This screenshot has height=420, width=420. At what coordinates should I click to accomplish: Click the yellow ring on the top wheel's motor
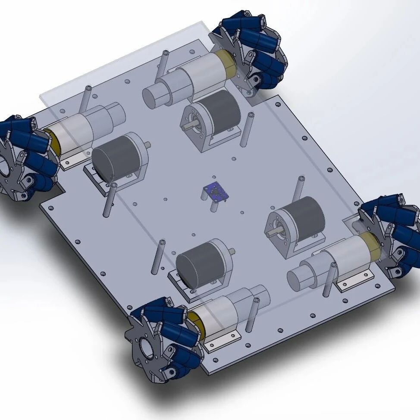click(x=226, y=63)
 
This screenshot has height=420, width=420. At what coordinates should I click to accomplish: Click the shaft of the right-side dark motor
click(x=273, y=233)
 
